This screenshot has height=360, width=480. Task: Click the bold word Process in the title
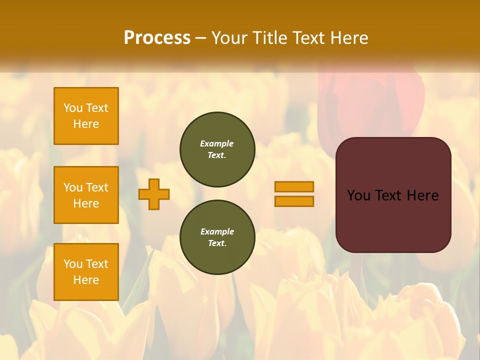[157, 38]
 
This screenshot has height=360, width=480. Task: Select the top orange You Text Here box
[86, 116]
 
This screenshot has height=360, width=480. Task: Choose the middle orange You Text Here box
[86, 195]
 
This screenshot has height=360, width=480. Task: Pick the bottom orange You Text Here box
[86, 272]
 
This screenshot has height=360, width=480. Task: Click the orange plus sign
[154, 194]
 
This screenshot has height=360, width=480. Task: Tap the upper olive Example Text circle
[217, 149]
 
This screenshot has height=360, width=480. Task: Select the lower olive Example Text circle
[217, 237]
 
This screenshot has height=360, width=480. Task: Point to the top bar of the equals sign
[294, 187]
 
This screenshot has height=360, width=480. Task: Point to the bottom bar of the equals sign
[294, 201]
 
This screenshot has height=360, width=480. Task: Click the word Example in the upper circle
[217, 143]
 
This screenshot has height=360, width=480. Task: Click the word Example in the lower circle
[217, 231]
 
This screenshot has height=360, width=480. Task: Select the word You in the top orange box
[73, 108]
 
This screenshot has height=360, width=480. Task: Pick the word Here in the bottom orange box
[86, 280]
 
